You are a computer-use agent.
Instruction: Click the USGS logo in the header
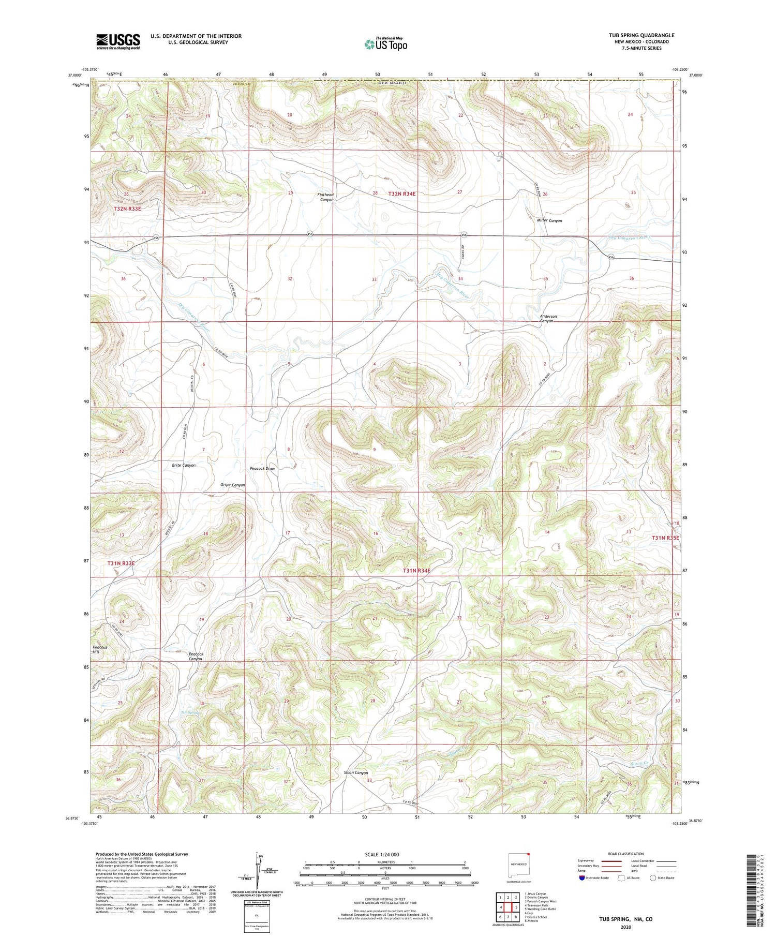(x=118, y=41)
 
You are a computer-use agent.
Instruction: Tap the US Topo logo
(x=385, y=44)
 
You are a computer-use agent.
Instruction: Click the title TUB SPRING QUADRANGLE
(x=641, y=35)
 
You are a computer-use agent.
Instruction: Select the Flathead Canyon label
(x=326, y=197)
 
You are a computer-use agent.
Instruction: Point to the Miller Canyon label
(x=549, y=220)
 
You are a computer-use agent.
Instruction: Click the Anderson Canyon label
(x=548, y=319)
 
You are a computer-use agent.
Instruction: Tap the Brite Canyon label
(x=184, y=465)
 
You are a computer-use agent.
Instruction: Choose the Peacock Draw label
(x=262, y=469)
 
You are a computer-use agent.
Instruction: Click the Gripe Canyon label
(x=232, y=485)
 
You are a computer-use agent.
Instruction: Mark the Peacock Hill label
(x=99, y=650)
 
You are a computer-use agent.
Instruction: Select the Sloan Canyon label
(x=355, y=773)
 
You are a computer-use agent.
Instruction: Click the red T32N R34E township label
(x=402, y=193)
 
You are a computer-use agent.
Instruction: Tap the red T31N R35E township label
(x=665, y=538)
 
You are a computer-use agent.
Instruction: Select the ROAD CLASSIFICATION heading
(x=626, y=854)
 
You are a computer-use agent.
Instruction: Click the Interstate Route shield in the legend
(x=583, y=878)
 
